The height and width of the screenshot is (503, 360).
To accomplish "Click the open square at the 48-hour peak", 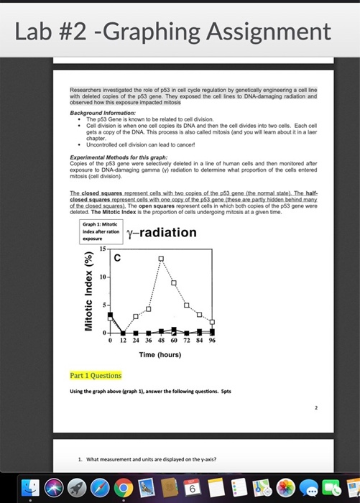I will (161, 259).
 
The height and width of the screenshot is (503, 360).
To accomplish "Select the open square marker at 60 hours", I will (173, 282).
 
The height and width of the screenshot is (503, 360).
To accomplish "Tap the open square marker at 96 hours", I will (211, 321).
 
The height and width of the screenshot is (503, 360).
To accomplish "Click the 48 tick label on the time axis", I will (162, 342).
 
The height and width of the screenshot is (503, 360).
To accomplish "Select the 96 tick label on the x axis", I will (212, 342).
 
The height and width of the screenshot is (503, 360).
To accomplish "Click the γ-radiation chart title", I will (161, 232).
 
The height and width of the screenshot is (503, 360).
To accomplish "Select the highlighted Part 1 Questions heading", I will (96, 375).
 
